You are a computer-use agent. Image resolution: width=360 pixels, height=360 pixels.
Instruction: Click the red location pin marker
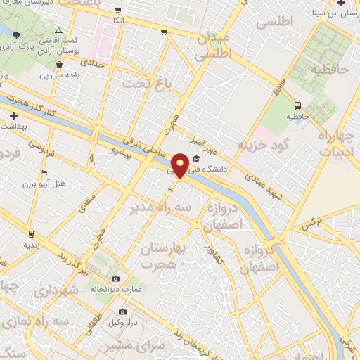tap(181, 165)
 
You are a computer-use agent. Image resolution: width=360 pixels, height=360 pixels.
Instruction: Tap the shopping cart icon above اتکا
tap(117, 11)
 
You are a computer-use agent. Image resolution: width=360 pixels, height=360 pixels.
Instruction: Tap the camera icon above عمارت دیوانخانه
tap(115, 278)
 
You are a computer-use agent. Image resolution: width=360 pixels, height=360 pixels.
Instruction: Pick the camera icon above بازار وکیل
tap(122, 311)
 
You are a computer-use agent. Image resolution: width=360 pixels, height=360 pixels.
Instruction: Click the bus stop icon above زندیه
tap(31, 233)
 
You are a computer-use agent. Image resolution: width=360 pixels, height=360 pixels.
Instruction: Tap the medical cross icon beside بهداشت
tap(13, 115)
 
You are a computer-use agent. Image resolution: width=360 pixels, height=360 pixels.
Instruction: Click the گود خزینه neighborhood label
tap(263, 145)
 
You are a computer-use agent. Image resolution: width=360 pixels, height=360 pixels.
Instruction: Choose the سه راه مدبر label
tap(157, 209)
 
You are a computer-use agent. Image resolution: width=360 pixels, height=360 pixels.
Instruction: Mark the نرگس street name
tap(306, 225)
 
